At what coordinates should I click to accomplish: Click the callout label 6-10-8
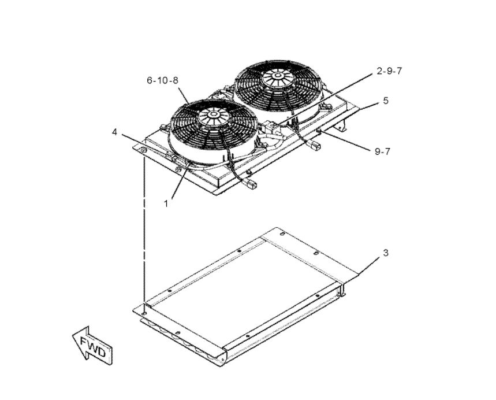pyautogui.click(x=162, y=80)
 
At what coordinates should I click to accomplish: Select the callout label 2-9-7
pyautogui.click(x=389, y=71)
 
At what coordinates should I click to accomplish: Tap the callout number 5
pyautogui.click(x=386, y=101)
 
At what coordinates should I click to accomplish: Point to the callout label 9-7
pyautogui.click(x=382, y=151)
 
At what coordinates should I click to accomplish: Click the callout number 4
pyautogui.click(x=114, y=132)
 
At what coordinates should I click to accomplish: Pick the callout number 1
pyautogui.click(x=166, y=204)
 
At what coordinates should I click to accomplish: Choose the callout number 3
pyautogui.click(x=386, y=253)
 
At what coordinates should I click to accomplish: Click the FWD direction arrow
pyautogui.click(x=92, y=346)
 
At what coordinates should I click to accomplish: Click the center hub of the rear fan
pyautogui.click(x=277, y=76)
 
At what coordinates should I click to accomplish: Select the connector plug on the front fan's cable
pyautogui.click(x=251, y=184)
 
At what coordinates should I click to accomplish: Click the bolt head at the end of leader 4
pyautogui.click(x=143, y=150)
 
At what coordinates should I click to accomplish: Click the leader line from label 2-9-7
pyautogui.click(x=326, y=98)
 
